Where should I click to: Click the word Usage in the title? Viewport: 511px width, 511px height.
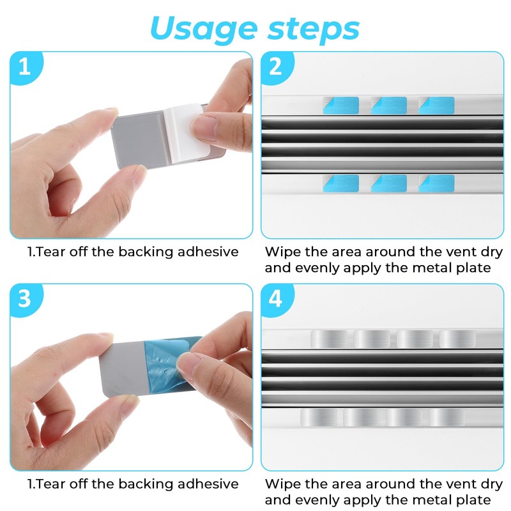pyautogui.click(x=204, y=30)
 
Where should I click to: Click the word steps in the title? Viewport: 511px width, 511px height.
pyautogui.click(x=314, y=29)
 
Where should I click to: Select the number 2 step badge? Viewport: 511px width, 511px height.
pyautogui.click(x=277, y=67)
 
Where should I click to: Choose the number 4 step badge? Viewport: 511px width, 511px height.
pyautogui.click(x=277, y=299)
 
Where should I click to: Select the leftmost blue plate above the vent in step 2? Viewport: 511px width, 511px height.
pyautogui.click(x=341, y=105)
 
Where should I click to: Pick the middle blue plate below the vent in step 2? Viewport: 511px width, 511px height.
pyautogui.click(x=389, y=183)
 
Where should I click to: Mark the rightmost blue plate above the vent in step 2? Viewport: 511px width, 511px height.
pyautogui.click(x=436, y=105)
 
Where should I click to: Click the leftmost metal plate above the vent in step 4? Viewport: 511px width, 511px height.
pyautogui.click(x=329, y=339)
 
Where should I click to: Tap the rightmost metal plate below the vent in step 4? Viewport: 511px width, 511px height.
pyautogui.click(x=447, y=417)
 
